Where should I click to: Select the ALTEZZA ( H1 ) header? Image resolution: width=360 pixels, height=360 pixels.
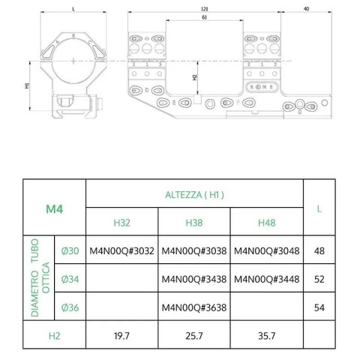click(x=194, y=194)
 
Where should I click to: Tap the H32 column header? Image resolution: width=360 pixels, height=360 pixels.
click(x=122, y=222)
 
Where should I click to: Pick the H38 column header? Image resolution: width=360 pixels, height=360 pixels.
click(x=194, y=222)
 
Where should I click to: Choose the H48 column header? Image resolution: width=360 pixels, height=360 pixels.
click(x=266, y=222)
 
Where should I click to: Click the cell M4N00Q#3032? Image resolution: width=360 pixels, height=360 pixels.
click(x=122, y=251)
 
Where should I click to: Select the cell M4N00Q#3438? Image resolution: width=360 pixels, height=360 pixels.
click(x=194, y=280)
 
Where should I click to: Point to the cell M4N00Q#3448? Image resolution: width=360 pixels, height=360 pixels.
click(x=266, y=280)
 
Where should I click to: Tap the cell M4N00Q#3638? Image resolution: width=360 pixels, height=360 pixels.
click(x=194, y=307)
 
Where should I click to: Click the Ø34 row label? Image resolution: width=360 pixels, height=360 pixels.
click(x=70, y=280)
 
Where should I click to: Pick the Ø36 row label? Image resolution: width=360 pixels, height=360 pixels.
click(x=70, y=307)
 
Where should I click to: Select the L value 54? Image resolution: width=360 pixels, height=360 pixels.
click(x=319, y=307)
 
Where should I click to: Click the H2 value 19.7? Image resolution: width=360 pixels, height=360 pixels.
click(x=122, y=334)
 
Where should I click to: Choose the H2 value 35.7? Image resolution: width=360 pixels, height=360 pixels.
click(x=266, y=334)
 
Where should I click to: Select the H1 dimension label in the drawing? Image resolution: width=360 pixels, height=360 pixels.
click(x=27, y=85)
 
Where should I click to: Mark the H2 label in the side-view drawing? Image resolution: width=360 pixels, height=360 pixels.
click(x=195, y=76)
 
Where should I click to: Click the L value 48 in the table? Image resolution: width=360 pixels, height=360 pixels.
click(x=319, y=251)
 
